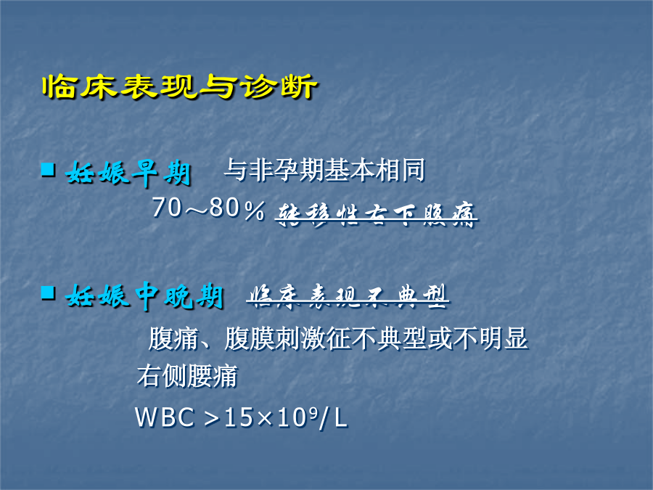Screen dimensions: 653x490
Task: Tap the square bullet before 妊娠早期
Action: (49, 170)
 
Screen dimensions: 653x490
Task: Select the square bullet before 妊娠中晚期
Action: (49, 293)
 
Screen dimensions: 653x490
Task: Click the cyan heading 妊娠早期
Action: (128, 173)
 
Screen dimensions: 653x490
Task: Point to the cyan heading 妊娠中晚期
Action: (144, 296)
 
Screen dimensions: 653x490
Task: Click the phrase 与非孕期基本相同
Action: (324, 170)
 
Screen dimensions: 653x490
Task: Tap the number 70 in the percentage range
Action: (167, 208)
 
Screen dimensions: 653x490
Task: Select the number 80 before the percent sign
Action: (226, 208)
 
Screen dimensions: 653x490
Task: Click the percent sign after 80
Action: (255, 210)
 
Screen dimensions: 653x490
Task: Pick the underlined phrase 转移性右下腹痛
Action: (376, 214)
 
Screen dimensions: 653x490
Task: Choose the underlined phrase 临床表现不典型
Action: (348, 296)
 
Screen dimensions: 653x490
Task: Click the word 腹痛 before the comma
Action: (173, 338)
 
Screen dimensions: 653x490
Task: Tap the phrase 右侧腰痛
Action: (187, 376)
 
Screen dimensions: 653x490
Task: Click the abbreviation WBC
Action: (165, 417)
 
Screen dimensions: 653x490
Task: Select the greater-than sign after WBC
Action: (212, 418)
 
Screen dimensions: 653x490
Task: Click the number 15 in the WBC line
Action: (239, 417)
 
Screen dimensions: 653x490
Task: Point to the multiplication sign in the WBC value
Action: (264, 418)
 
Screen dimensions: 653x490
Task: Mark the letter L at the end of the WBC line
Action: (341, 417)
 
